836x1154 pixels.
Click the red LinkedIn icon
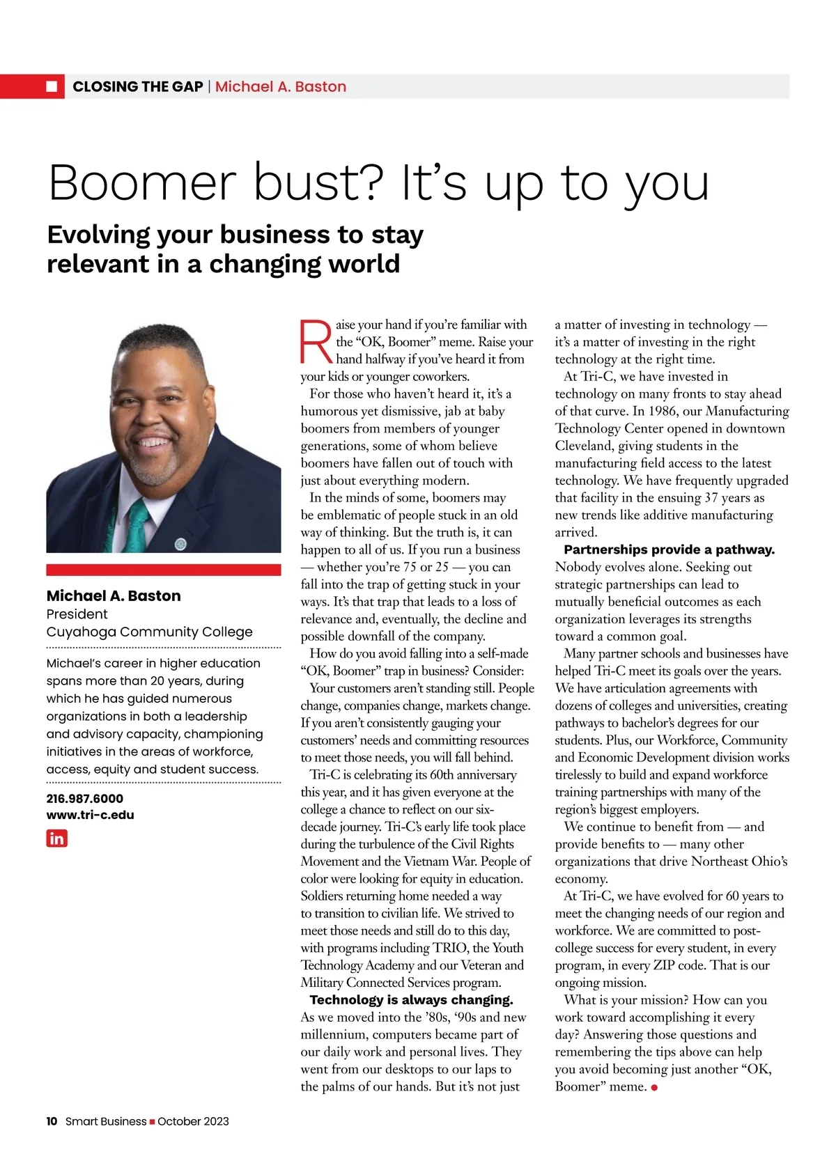[56, 838]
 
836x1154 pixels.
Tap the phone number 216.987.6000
[84, 798]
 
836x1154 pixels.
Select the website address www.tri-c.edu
[90, 814]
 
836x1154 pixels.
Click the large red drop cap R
[316, 342]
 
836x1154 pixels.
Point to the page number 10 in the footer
[52, 1121]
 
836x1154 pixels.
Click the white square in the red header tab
[52, 86]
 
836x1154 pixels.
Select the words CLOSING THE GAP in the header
[137, 86]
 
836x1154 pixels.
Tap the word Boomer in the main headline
[144, 182]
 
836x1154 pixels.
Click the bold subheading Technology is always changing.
[411, 999]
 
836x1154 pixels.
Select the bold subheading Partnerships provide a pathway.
[669, 549]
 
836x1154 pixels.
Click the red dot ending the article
[654, 1088]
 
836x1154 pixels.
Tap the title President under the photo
[77, 614]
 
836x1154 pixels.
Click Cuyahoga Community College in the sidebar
[149, 632]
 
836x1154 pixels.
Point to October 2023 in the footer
[193, 1121]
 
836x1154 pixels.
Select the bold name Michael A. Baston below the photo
[114, 595]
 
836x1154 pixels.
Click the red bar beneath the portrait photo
[164, 569]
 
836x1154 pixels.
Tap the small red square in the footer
[152, 1121]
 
